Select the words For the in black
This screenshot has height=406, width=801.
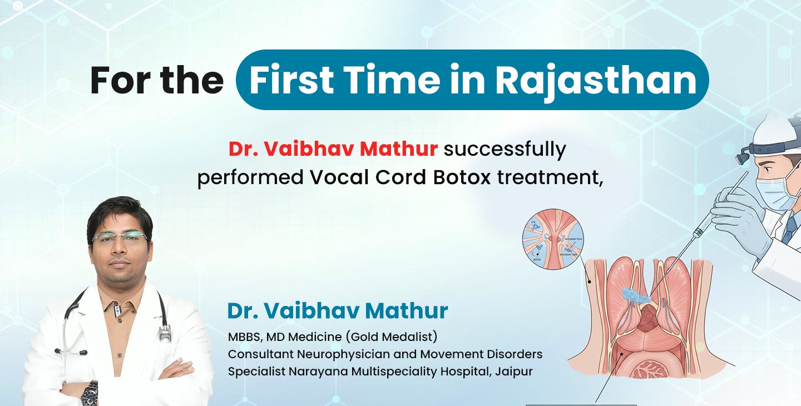click(x=157, y=80)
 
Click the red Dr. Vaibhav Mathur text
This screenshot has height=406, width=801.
click(x=333, y=149)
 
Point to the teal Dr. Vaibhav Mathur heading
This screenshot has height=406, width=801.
click(x=338, y=311)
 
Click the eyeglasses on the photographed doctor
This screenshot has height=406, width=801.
click(x=119, y=239)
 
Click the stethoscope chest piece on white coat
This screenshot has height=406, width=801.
click(x=165, y=334)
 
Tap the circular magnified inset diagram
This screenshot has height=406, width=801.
click(x=553, y=242)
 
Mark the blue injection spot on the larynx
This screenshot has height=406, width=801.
click(x=635, y=295)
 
